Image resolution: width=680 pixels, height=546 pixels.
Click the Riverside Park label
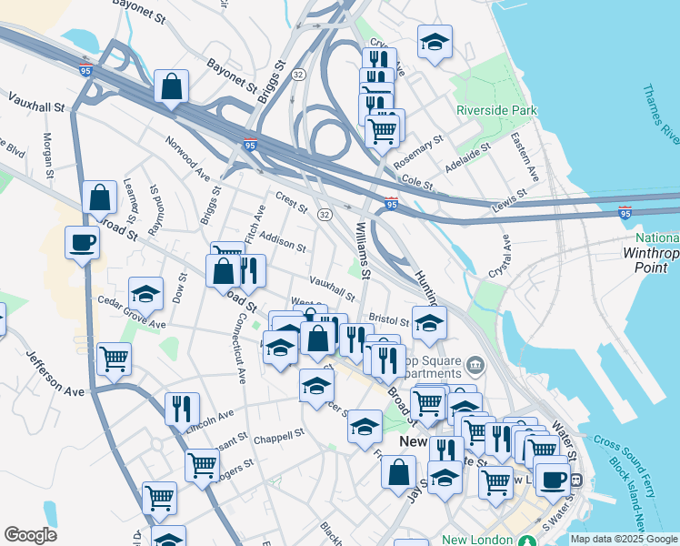[x=497, y=111]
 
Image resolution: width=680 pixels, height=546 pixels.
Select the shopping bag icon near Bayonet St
[x=171, y=87]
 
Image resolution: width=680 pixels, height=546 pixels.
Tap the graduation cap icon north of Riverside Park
[x=435, y=42]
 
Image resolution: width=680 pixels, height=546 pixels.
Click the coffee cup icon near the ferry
[x=552, y=479]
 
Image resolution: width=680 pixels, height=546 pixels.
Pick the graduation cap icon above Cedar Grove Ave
[x=145, y=294]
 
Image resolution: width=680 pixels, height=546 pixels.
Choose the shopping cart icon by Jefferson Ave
[x=115, y=359]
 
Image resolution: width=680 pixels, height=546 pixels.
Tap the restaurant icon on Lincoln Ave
[x=182, y=409]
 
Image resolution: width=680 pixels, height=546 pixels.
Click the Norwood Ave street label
[x=187, y=157]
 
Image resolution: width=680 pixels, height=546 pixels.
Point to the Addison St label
[x=282, y=241]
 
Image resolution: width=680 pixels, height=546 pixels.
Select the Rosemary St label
[x=418, y=152]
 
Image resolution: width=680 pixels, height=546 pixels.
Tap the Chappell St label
[x=278, y=434]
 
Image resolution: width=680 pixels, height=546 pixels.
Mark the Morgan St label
[x=47, y=155]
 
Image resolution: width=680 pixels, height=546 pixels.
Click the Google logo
[x=30, y=535]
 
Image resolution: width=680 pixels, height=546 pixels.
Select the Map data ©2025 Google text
[x=623, y=539]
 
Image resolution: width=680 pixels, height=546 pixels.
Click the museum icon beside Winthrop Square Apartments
[x=475, y=366]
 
